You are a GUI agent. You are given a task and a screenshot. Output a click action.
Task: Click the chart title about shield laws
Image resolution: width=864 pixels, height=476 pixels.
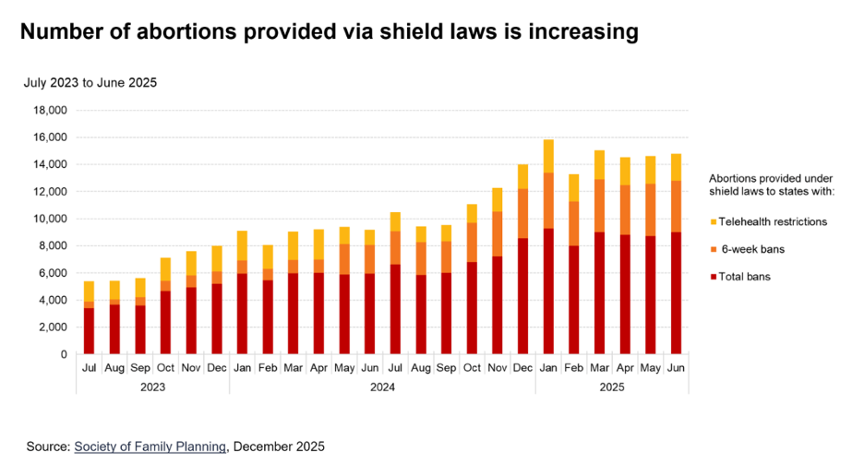329,32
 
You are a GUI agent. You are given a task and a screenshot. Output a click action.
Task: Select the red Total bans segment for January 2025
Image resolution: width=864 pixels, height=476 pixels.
548,292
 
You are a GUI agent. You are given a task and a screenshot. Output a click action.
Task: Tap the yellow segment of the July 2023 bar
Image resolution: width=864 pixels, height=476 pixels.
89,291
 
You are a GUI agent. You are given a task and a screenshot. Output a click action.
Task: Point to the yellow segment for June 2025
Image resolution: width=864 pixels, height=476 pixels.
676,167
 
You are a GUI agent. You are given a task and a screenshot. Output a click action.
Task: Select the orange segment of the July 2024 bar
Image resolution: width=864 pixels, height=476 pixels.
395,247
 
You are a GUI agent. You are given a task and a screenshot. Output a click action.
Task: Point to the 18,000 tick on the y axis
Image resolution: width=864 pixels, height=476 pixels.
50,111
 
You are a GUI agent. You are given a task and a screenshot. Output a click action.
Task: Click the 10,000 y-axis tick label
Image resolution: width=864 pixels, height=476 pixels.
50,219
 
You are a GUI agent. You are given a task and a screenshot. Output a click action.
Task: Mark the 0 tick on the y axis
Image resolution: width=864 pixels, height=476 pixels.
64,354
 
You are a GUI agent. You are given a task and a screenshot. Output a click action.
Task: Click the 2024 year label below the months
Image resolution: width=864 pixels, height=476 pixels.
382,388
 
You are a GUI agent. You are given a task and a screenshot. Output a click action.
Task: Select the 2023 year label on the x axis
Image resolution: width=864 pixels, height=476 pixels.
152,388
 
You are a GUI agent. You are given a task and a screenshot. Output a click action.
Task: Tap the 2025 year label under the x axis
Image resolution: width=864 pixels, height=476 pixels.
612,388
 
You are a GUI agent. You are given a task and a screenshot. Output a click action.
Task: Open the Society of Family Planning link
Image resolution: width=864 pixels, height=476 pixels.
150,446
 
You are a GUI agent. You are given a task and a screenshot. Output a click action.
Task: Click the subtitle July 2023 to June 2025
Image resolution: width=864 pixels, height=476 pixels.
90,83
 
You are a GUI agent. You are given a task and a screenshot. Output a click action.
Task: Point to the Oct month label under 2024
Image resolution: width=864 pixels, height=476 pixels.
472,369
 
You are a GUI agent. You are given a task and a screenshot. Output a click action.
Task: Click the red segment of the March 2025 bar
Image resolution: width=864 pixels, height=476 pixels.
599,293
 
